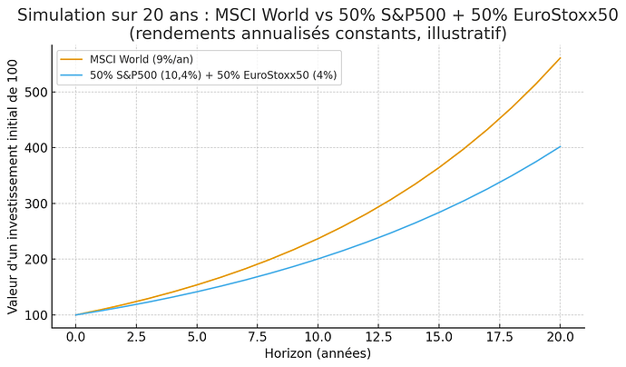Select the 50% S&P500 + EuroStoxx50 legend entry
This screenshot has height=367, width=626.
213,75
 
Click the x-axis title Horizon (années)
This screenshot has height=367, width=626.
318,353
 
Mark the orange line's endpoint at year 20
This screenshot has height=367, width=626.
560,58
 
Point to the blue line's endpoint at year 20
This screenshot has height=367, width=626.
560,146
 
